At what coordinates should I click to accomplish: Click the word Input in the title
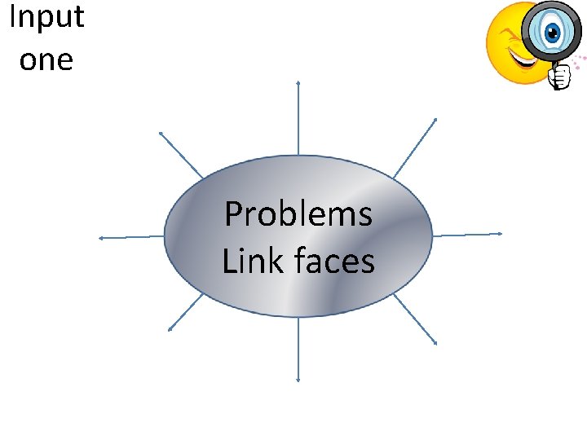[x=46, y=18]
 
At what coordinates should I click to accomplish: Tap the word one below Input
[x=46, y=60]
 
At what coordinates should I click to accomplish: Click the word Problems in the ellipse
[x=298, y=214]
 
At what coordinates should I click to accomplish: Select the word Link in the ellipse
[x=245, y=261]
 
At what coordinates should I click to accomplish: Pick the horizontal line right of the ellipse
[x=466, y=235]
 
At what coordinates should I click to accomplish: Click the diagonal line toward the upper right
[x=415, y=147]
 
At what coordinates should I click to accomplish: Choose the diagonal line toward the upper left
[x=181, y=154]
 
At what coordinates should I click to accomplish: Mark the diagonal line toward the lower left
[x=186, y=311]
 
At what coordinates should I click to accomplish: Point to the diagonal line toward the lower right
[x=414, y=319]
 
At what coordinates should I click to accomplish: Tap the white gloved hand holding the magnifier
[x=559, y=77]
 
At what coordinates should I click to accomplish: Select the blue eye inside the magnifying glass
[x=553, y=33]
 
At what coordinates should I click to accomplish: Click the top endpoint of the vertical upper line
[x=298, y=82]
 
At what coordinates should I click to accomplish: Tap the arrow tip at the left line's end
[x=99, y=238]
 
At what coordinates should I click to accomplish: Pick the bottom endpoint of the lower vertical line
[x=298, y=380]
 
